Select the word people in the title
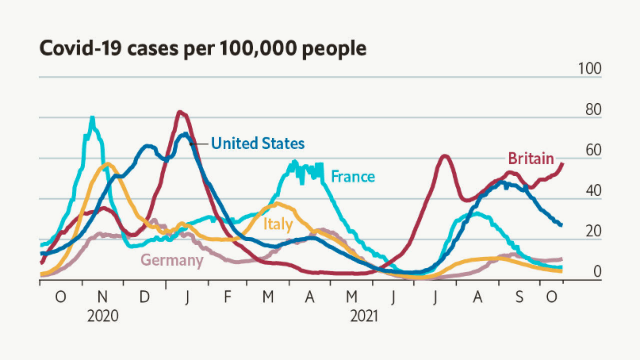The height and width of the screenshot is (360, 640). [333, 48]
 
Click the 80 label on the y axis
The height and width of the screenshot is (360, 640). [592, 110]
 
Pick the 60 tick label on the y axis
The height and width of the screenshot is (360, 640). [592, 151]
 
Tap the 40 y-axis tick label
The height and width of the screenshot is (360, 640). [592, 191]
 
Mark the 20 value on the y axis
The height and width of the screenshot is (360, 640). [592, 232]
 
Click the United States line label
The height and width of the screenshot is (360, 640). [258, 144]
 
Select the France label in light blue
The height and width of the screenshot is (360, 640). [353, 176]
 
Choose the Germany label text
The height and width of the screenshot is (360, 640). [172, 259]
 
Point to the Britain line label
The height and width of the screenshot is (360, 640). [531, 159]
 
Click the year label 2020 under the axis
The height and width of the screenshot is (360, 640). [102, 315]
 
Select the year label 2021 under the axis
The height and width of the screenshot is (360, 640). [363, 315]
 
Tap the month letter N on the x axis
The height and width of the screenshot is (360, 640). [102, 297]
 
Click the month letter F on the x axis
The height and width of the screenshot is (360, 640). [227, 297]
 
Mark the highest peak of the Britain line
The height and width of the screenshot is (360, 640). [180, 112]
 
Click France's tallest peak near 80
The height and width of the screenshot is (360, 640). [93, 118]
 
